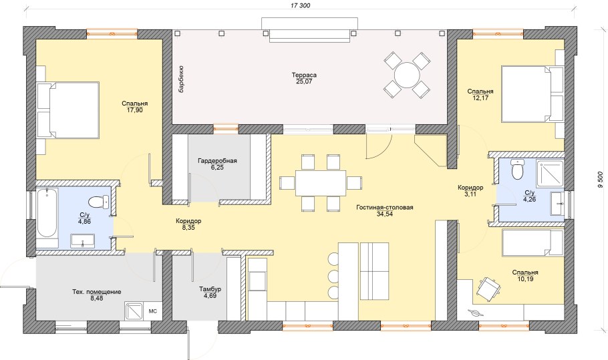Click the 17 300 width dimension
pyautogui.click(x=300, y=6)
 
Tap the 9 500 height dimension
pyautogui.click(x=601, y=180)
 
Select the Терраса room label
pyautogui.click(x=305, y=75)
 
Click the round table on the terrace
pyautogui.click(x=407, y=75)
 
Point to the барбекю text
pyautogui.click(x=181, y=80)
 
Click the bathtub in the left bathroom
pyautogui.click(x=47, y=213)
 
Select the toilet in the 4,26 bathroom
pyautogui.click(x=517, y=170)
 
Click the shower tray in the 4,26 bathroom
pyautogui.click(x=551, y=173)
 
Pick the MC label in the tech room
pyautogui.click(x=153, y=311)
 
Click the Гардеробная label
pyautogui.click(x=217, y=161)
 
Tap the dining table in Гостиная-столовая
pyautogui.click(x=320, y=183)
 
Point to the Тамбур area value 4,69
pyautogui.click(x=210, y=296)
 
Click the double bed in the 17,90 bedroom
pyautogui.click(x=68, y=110)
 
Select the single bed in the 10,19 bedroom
pyautogui.click(x=533, y=242)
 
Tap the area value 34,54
pyautogui.click(x=385, y=214)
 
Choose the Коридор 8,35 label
pyautogui.click(x=188, y=224)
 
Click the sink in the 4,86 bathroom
pyautogui.click(x=82, y=240)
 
